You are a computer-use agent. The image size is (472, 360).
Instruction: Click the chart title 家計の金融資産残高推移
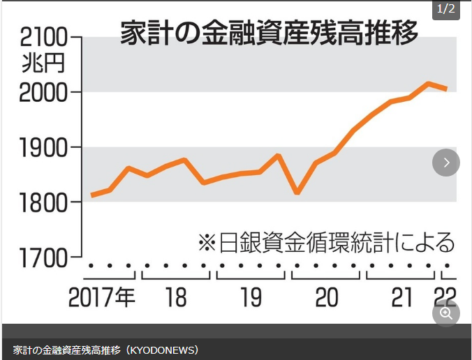coord(269,33)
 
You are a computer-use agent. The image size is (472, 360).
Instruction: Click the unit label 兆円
coord(43,63)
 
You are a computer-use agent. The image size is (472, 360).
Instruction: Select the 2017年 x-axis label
coord(102,298)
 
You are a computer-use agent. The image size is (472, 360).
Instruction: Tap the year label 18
coord(176,298)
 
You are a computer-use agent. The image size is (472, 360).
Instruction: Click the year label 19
coord(251,298)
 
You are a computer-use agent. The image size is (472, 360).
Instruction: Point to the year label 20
coord(326,298)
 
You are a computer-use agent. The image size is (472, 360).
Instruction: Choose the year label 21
coord(401,298)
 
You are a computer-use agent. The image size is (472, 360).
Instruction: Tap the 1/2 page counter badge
coord(445,9)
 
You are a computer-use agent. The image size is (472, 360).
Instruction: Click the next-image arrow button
coord(446,163)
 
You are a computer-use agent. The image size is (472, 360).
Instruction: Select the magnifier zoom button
coord(446,313)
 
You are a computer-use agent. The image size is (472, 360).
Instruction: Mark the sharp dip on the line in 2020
coord(297,192)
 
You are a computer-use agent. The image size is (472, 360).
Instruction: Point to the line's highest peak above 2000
coord(429,84)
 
